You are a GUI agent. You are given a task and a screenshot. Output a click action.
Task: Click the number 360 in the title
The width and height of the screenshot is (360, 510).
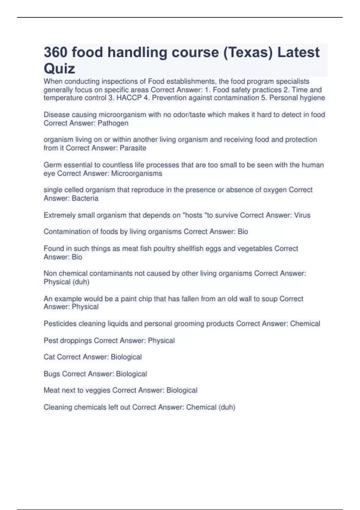point(55,52)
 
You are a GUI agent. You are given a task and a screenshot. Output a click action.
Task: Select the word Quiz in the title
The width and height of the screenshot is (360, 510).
point(59,69)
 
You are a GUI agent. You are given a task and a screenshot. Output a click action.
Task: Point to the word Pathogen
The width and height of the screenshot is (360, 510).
point(113,123)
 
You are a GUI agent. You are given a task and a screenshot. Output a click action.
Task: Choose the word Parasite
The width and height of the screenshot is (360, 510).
point(133,148)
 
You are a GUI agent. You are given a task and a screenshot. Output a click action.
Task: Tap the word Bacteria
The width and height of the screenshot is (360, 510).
point(85,198)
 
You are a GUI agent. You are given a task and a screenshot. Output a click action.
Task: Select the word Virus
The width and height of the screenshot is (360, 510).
point(302,215)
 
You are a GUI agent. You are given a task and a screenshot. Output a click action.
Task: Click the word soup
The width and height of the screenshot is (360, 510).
point(269,299)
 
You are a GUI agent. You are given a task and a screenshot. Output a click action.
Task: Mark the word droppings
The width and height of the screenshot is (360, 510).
point(77,340)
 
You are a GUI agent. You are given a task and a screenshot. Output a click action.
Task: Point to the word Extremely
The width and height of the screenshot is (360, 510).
point(60,215)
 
